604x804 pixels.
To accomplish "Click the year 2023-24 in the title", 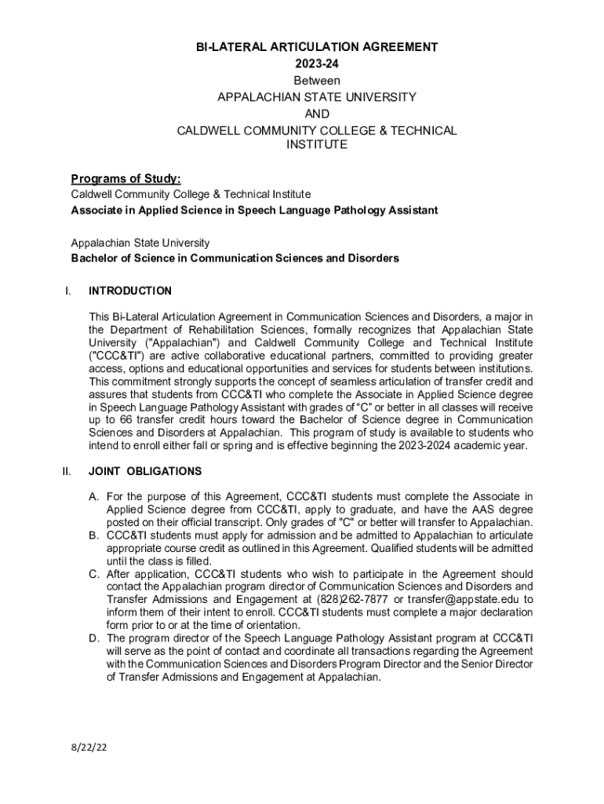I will point(316,64).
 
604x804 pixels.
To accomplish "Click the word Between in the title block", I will point(316,80).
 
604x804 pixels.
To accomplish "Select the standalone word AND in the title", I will point(316,113).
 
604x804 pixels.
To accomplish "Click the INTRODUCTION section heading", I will point(130,291).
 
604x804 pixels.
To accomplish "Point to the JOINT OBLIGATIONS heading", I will point(145,471).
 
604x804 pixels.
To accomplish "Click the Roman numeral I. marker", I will point(68,291).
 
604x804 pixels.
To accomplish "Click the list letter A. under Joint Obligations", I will point(93,496).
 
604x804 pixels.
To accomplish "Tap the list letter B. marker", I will point(93,535).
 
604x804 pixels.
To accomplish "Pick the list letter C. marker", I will point(93,574).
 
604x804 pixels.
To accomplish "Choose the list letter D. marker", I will point(93,638).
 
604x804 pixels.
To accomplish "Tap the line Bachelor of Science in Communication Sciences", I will point(235,258).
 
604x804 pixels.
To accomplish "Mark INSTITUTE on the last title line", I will point(316,145).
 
